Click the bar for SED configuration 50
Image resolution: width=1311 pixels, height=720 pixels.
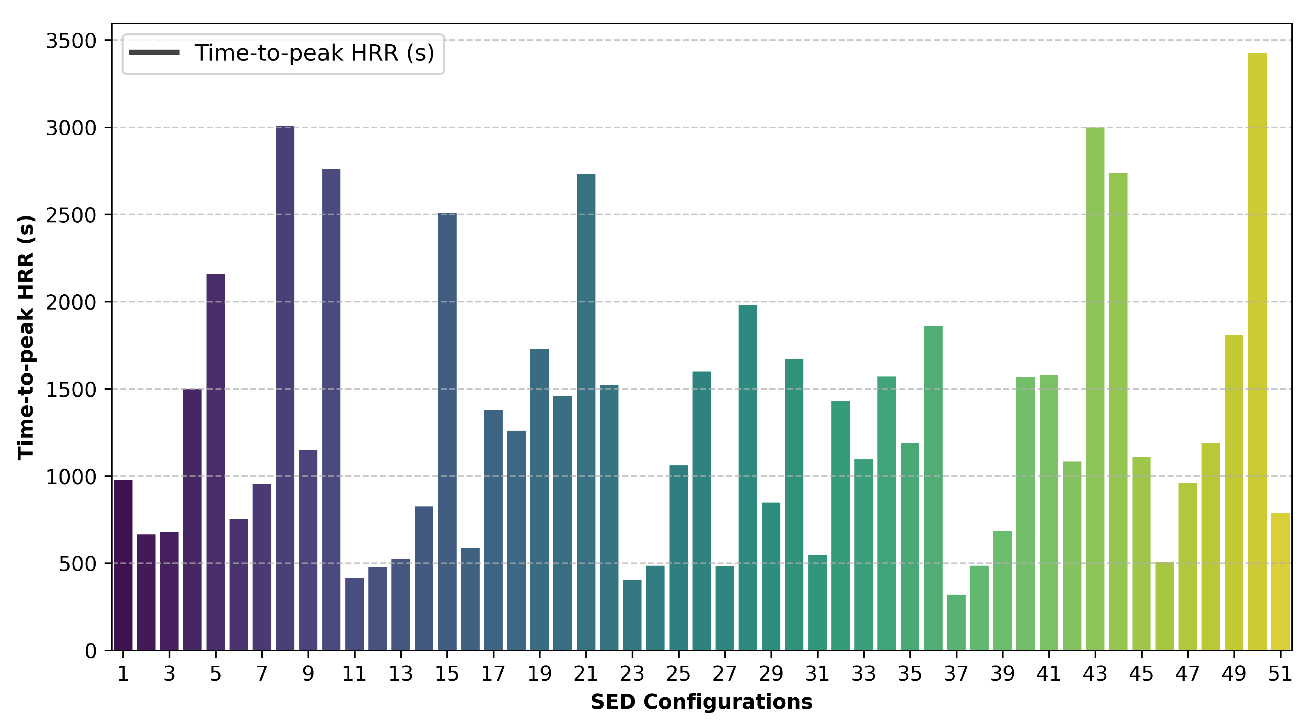click(1257, 351)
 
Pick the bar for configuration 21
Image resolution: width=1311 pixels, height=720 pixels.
click(586, 412)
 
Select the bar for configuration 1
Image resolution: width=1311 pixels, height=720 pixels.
click(123, 565)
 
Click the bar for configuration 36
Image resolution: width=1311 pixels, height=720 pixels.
click(933, 488)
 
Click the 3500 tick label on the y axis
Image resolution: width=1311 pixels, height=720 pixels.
click(71, 41)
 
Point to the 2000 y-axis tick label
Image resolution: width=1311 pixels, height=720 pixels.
click(71, 302)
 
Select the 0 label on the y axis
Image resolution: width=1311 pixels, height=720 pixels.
click(91, 651)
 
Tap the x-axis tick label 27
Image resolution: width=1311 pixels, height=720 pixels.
click(724, 674)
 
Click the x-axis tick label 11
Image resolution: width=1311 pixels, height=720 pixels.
click(354, 674)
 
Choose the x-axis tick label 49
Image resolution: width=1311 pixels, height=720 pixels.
click(1234, 674)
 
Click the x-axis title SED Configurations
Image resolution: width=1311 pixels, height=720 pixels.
click(701, 702)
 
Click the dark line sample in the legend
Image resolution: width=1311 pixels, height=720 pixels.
click(154, 53)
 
